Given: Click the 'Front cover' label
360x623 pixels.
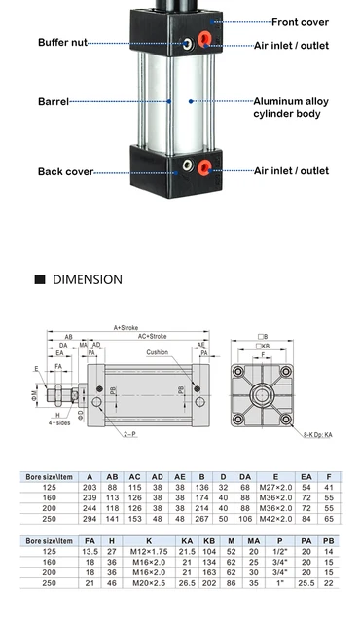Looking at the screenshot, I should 300,21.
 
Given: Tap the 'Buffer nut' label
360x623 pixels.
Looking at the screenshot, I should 67,42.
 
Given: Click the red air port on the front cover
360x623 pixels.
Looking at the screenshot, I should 205,40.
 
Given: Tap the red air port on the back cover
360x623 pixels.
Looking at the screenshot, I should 204,168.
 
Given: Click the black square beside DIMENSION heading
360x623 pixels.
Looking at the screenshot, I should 40,279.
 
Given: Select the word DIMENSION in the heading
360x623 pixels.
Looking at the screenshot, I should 88,279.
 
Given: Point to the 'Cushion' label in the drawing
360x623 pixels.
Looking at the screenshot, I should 157,353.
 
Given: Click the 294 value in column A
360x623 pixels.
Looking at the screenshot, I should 90,519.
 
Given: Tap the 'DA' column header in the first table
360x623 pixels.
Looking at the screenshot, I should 245,476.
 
